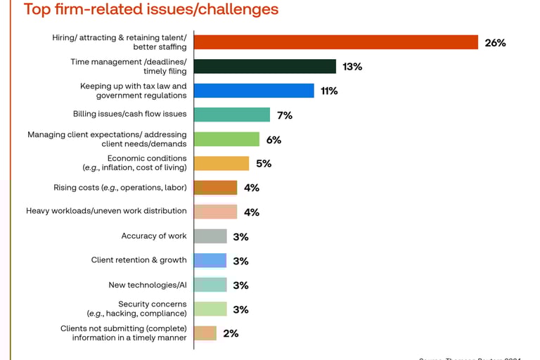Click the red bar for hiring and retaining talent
[335, 42]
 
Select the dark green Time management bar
[264, 66]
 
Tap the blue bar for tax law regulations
[253, 91]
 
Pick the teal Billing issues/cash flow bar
[231, 115]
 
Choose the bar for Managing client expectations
[226, 139]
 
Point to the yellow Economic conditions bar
[221, 163]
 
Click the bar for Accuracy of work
[210, 236]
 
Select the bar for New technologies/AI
[210, 285]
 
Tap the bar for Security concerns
[210, 309]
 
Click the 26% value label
[495, 43]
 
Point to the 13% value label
[352, 67]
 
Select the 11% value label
[329, 91]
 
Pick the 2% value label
[231, 333]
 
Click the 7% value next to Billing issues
[284, 115]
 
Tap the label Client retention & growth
[139, 260]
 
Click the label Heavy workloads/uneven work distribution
[106, 211]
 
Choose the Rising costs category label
[120, 188]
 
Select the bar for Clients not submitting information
[205, 333]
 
